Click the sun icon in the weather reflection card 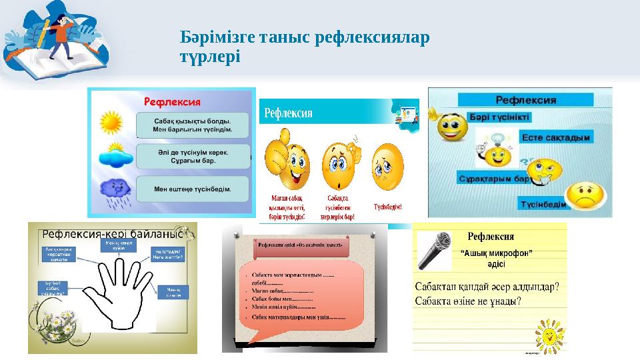tap(110, 123)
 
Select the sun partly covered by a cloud tap(114, 155)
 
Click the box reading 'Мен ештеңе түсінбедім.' tap(193, 189)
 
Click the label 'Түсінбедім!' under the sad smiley tap(387, 207)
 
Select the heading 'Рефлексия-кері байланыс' tap(113, 235)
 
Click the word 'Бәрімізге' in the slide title tap(213, 36)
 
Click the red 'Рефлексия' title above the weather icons tap(173, 102)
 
